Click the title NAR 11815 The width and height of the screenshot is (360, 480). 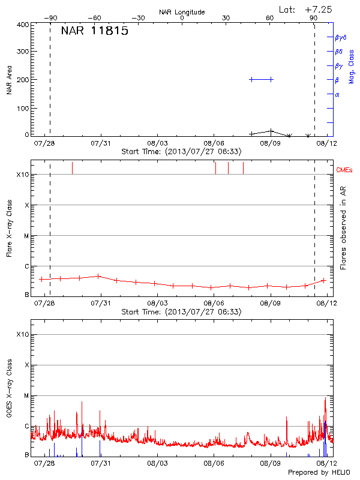tap(94, 31)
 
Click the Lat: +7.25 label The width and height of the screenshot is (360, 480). tap(305, 9)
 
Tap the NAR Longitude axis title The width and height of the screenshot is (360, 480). tap(182, 12)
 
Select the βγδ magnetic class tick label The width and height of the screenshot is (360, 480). tap(340, 37)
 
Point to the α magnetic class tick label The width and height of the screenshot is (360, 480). tap(337, 94)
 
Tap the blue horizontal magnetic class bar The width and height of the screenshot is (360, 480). tap(261, 79)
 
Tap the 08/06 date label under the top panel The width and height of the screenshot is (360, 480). tap(214, 144)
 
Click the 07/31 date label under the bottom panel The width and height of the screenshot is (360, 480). tap(100, 463)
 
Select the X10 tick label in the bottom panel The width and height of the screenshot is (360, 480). tap(23, 334)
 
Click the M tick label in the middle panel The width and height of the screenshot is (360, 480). tap(27, 236)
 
